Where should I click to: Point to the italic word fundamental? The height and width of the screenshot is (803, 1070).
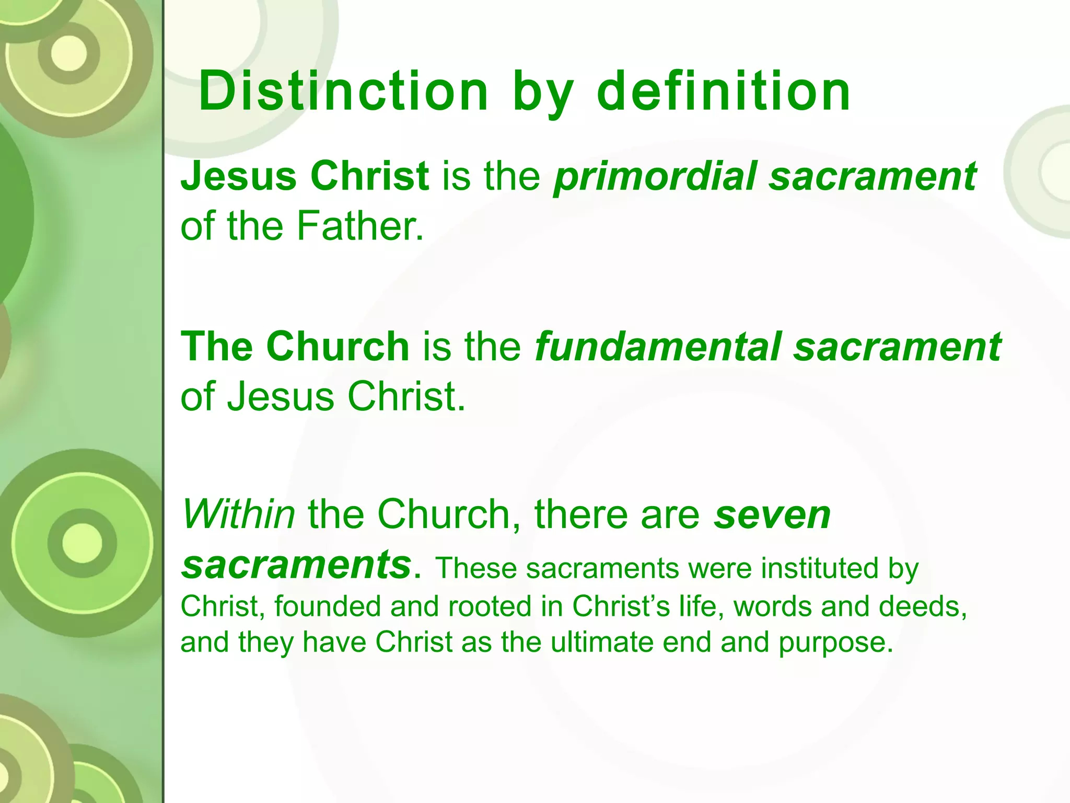657,347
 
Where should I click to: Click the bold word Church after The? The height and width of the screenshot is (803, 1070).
338,347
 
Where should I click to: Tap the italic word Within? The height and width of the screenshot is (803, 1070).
238,514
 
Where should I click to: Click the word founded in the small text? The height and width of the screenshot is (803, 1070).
328,607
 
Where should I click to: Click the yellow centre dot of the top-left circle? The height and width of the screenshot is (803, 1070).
69,53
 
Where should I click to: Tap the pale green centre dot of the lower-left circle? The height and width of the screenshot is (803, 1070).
82,543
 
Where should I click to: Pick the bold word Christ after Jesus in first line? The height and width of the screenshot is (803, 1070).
369,177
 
